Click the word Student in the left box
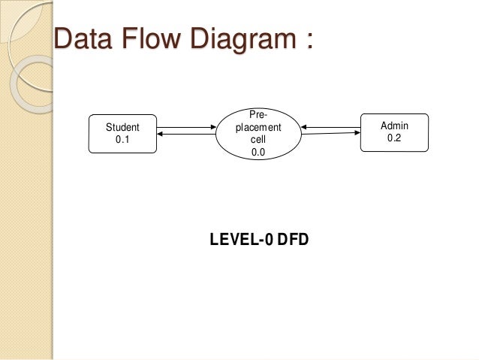point(122,128)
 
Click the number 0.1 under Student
point(122,139)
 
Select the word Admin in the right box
point(394,126)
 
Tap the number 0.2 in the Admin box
point(394,138)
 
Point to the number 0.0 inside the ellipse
point(258,152)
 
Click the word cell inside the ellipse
point(258,140)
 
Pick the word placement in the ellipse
point(258,128)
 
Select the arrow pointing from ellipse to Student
point(188,135)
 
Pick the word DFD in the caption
point(294,240)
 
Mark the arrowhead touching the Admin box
point(356,133)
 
